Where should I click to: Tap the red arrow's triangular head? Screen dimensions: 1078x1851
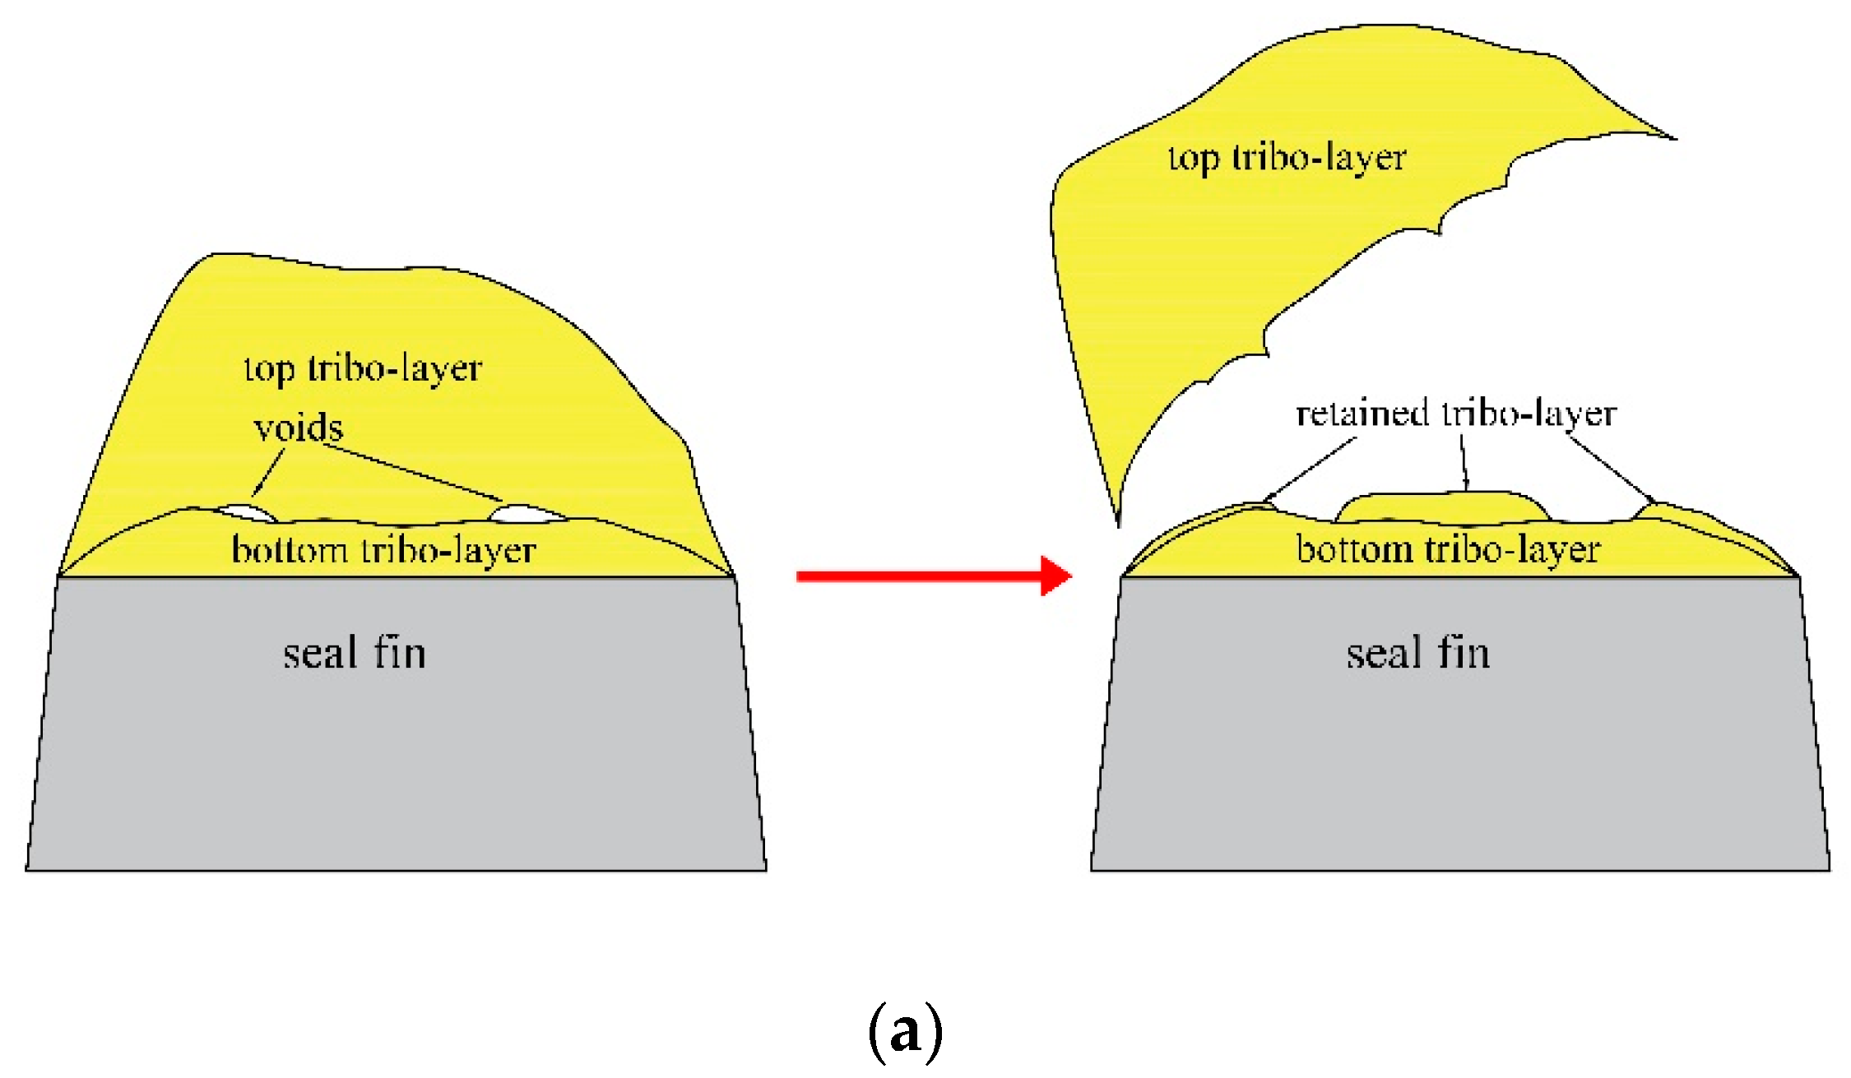tap(1055, 576)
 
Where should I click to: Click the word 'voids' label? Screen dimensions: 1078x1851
tap(298, 428)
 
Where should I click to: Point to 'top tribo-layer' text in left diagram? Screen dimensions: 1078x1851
tap(363, 368)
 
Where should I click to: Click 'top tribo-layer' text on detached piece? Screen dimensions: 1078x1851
tap(1287, 158)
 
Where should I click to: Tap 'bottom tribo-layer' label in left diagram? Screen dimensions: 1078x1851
tap(383, 549)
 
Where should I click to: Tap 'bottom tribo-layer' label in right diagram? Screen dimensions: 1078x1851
tap(1448, 549)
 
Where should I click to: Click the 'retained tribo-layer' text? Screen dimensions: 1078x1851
tap(1456, 413)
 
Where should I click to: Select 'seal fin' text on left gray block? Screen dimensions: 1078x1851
tap(355, 654)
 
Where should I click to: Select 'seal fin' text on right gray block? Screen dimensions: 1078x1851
tap(1417, 654)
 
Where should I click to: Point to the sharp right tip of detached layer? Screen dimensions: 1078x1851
tap(1672, 137)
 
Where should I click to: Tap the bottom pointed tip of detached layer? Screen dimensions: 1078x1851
tap(1118, 521)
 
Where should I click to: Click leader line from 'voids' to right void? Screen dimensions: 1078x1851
tap(411, 472)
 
